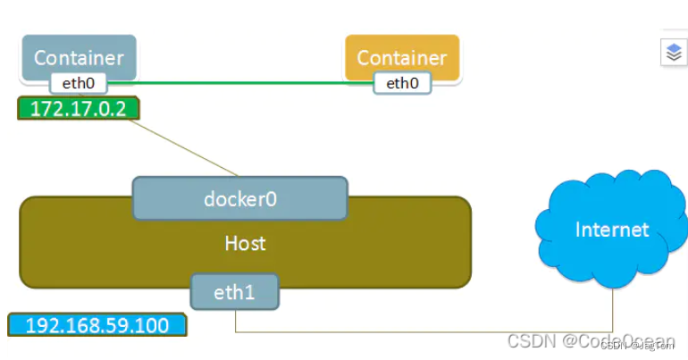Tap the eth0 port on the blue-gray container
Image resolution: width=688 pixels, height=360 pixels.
click(78, 84)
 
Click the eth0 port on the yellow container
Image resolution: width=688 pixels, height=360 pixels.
click(401, 84)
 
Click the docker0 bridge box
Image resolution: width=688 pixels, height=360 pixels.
click(239, 198)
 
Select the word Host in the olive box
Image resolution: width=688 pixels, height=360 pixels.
click(244, 243)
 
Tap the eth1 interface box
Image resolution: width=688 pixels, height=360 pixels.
click(235, 291)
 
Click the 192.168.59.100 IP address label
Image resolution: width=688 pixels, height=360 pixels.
click(97, 324)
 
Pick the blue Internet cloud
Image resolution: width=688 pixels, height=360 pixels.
click(611, 230)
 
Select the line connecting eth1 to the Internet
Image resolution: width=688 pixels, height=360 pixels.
click(429, 332)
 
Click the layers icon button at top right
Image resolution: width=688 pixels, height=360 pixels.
click(673, 53)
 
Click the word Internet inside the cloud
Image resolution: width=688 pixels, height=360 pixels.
click(611, 230)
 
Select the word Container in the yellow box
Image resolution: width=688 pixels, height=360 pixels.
click(401, 57)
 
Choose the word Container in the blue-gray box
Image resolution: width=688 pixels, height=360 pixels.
click(78, 57)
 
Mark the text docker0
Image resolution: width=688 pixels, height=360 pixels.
click(239, 198)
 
